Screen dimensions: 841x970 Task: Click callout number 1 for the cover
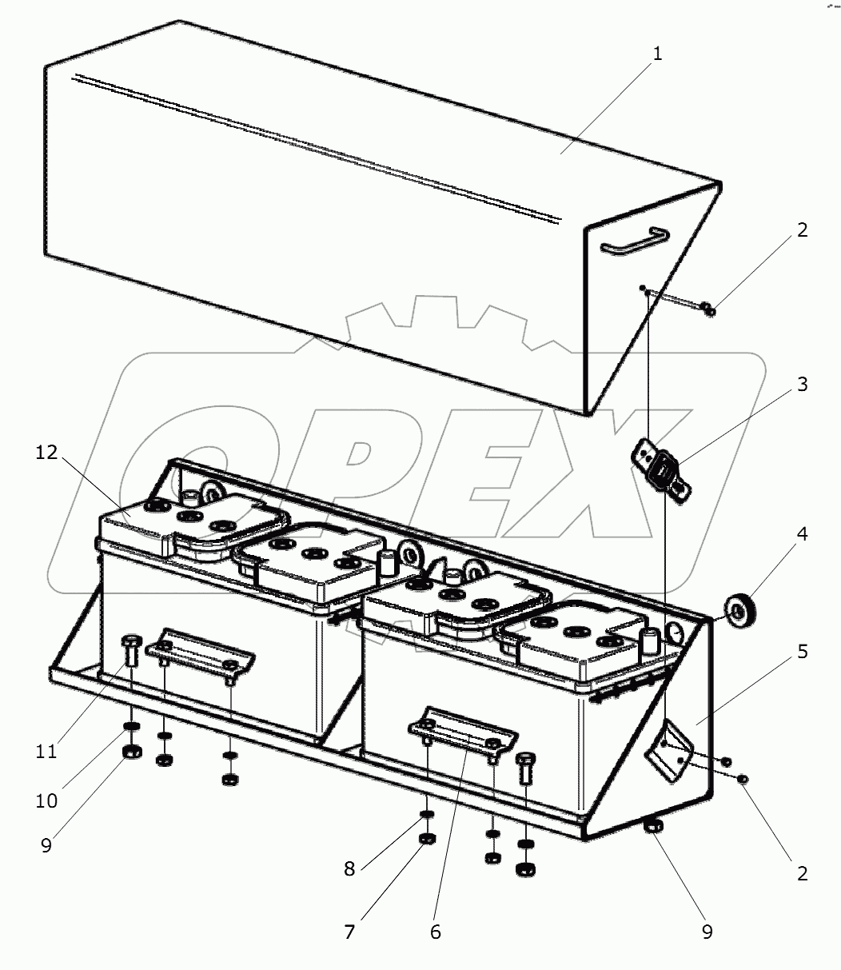tap(657, 55)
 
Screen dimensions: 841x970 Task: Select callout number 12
tap(47, 453)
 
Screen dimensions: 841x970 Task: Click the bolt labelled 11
tap(131, 652)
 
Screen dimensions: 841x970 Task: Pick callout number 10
tap(47, 800)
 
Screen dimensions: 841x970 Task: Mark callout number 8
tap(349, 869)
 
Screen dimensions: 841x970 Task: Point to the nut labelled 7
tap(428, 839)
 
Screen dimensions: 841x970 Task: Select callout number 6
tap(435, 932)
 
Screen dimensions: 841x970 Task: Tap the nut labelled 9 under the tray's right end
tap(653, 827)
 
